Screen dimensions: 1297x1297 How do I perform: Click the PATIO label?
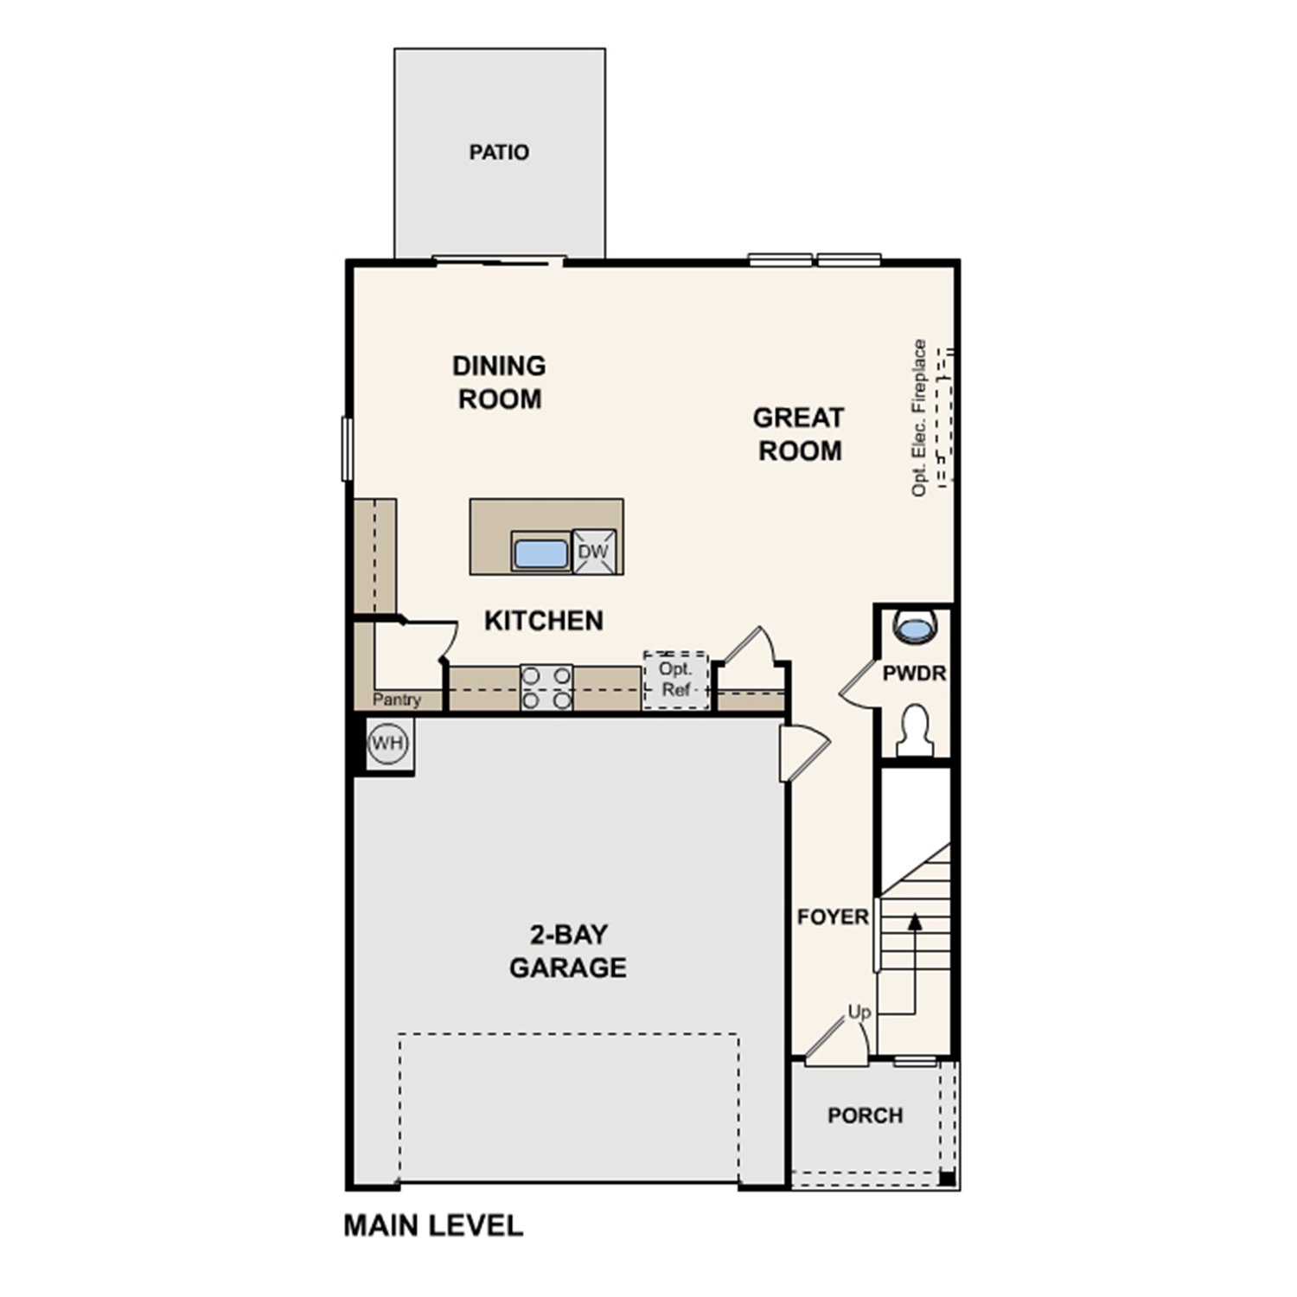[499, 152]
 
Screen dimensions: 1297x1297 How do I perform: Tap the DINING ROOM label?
[499, 382]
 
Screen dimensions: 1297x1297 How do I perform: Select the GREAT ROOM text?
[798, 434]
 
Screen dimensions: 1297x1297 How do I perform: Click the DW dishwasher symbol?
[593, 552]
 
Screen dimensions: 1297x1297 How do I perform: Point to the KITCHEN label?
[543, 621]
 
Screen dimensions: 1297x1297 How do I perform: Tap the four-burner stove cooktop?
[546, 687]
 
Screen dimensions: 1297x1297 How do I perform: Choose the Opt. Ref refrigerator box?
[675, 680]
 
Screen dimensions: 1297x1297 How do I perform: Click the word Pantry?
[397, 700]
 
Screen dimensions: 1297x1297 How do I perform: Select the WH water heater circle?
[387, 743]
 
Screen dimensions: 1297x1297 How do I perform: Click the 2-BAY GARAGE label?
[567, 950]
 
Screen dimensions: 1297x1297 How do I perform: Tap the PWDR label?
[914, 673]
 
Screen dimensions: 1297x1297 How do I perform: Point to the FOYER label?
[833, 917]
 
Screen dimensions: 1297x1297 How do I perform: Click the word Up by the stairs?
[859, 1012]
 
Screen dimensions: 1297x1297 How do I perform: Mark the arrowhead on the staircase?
[914, 922]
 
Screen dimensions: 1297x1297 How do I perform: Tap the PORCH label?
[865, 1115]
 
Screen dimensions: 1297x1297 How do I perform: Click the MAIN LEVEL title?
[433, 1225]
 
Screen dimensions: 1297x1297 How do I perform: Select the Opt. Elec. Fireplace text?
[919, 418]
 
